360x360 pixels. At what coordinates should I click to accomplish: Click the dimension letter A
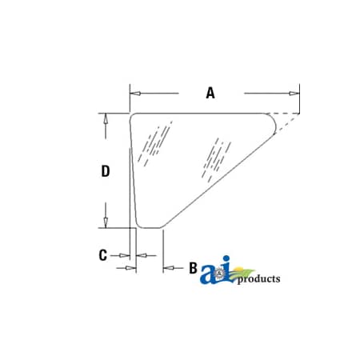pos(210,93)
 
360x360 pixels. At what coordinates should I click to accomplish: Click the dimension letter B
pos(193,268)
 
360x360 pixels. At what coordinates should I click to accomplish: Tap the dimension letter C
pos(102,255)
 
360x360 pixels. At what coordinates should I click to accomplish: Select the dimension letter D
pos(105,170)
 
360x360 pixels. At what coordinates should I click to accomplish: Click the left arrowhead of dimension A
pos(134,93)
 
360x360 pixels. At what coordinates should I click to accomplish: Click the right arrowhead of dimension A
pos(294,93)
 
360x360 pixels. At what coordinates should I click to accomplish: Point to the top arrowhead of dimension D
pos(105,117)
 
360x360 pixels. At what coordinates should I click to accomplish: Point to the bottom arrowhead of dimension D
pos(105,223)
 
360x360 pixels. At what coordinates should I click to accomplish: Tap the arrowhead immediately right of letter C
pos(140,255)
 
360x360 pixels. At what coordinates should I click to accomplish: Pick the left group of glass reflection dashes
pos(153,143)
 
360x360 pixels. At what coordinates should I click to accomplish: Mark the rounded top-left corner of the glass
pos(134,117)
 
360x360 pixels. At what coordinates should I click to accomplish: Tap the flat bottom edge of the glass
pos(150,228)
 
